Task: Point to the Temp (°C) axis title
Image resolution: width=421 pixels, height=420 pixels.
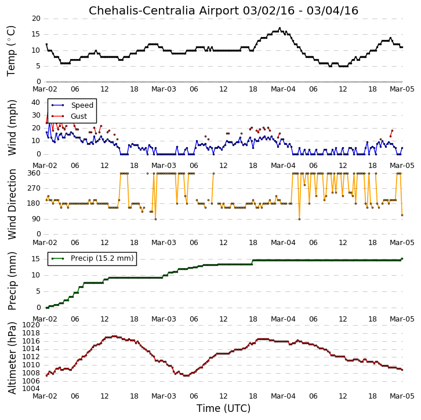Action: point(11,51)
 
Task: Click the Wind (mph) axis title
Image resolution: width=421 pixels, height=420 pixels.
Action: point(12,127)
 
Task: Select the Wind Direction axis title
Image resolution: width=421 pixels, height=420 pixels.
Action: point(12,204)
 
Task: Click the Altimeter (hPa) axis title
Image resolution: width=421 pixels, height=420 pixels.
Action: point(12,358)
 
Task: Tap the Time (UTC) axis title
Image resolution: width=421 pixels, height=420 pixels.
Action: point(223,408)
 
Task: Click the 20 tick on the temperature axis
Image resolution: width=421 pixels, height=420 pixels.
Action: point(36,19)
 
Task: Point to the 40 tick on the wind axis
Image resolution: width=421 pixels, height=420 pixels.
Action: point(36,103)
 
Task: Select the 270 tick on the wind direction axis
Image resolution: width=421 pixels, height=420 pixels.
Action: point(34,188)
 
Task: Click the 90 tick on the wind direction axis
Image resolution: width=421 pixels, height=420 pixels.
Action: point(36,219)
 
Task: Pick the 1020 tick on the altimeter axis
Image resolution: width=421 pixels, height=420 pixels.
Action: point(31,325)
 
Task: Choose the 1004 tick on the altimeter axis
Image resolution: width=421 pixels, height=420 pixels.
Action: point(31,389)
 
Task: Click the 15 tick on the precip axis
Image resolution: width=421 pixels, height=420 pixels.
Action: point(36,259)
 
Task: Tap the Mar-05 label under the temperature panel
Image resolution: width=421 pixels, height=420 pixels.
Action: point(402,89)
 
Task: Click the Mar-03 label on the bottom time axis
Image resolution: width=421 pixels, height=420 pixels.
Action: point(164,396)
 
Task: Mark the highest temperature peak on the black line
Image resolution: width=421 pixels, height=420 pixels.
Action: point(280,28)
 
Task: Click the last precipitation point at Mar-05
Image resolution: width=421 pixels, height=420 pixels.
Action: point(402,259)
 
